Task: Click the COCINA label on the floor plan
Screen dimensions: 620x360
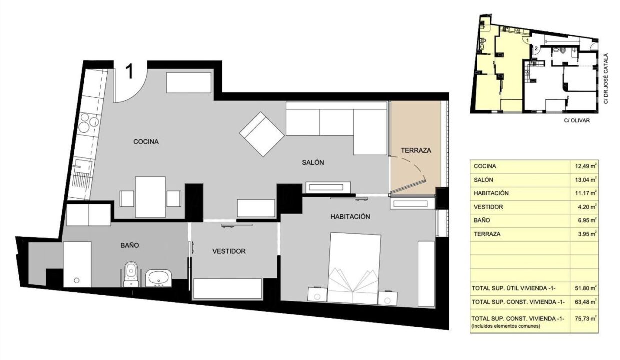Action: (x=146, y=142)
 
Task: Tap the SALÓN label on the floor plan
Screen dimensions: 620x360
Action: (x=313, y=163)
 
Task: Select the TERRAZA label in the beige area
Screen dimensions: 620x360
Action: (x=416, y=151)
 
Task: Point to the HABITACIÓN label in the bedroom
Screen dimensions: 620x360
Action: (x=350, y=217)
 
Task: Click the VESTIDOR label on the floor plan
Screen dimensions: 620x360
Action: (x=229, y=251)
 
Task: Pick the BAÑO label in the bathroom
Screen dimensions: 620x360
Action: (x=130, y=245)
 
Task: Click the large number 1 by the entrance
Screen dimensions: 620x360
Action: (x=130, y=71)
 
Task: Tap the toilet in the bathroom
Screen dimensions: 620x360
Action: (x=131, y=274)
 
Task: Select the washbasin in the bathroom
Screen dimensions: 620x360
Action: (x=159, y=278)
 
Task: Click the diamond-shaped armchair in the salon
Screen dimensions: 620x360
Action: (x=262, y=134)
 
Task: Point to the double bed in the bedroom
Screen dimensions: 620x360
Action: (x=353, y=268)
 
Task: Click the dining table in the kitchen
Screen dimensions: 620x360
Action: (x=150, y=197)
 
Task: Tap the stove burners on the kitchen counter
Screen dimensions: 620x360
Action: (x=88, y=123)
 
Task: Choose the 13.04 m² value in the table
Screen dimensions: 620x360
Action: (x=585, y=180)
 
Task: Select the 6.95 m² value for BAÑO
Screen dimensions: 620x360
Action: (x=586, y=221)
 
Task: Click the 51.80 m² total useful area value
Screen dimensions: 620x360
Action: (x=585, y=288)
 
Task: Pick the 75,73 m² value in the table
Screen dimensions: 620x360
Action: (x=585, y=319)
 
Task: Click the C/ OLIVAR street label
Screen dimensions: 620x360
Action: (x=577, y=121)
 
